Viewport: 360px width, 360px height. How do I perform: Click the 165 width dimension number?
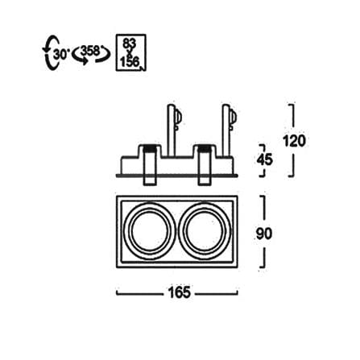pos(180,292)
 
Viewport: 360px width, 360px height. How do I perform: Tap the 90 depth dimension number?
pos(264,234)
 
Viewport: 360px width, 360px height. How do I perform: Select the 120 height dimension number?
pos(295,141)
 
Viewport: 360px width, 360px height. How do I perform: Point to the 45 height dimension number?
pos(264,160)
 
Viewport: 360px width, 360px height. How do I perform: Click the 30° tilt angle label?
pos(61,54)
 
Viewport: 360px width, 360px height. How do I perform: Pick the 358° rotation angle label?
pos(91,51)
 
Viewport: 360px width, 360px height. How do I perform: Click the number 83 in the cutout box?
pos(130,43)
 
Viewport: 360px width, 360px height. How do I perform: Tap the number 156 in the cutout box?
pos(130,62)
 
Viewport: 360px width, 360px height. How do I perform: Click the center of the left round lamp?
pos(150,231)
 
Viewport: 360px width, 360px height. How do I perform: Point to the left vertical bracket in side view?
pos(171,130)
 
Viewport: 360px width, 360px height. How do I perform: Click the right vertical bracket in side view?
pos(226,130)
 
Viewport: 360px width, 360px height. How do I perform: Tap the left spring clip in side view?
pos(150,165)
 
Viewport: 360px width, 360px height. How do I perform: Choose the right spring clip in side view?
pos(204,165)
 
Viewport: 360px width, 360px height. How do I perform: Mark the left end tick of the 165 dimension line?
pos(117,292)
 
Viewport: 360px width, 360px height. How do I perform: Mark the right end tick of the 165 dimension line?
pos(238,292)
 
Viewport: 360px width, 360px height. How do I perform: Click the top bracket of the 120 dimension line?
pos(292,115)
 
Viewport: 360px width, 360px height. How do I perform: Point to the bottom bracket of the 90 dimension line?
pos(263,258)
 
